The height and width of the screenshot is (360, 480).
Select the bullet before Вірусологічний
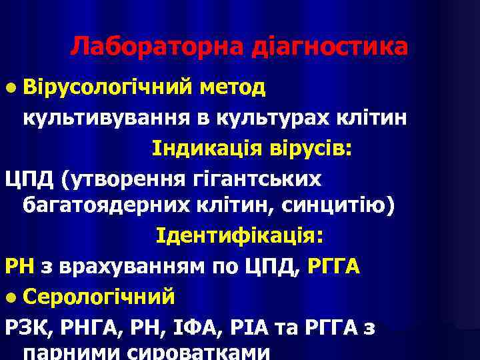[11, 88]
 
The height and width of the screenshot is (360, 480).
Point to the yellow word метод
[233, 87]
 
